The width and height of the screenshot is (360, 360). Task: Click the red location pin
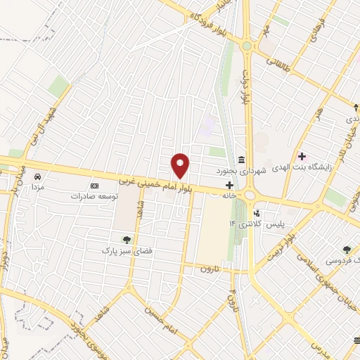(x=181, y=165)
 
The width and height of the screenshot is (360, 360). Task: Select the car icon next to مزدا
(x=38, y=177)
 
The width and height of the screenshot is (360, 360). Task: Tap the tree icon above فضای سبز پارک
(x=127, y=240)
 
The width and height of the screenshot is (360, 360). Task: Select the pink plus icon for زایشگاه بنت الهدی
(x=302, y=156)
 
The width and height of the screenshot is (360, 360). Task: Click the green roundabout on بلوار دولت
(x=247, y=46)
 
